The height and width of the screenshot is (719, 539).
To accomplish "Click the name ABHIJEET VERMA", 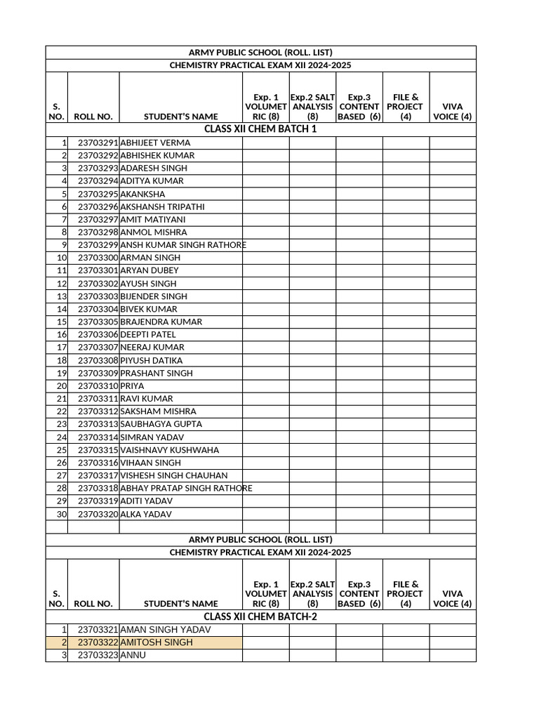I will (155, 143).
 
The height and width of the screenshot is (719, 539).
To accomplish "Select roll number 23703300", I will (98, 258).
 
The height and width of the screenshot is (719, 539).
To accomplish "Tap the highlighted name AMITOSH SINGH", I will (156, 642).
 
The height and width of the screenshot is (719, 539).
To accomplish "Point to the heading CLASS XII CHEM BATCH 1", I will (260, 129).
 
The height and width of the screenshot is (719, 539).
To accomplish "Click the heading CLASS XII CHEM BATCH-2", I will (260, 616).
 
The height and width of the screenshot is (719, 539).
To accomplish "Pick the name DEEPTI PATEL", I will (148, 334).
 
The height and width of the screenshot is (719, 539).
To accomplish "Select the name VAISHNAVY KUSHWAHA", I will (169, 449).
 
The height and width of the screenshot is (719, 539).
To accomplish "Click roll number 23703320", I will (98, 514).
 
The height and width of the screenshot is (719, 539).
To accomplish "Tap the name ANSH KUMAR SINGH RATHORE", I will (182, 245).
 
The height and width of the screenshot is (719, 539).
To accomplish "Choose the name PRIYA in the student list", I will (132, 385).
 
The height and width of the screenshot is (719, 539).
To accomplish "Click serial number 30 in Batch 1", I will (61, 514).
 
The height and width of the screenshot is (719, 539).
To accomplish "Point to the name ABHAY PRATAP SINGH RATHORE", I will (186, 488).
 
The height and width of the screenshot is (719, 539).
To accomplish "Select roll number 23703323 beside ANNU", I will (98, 655).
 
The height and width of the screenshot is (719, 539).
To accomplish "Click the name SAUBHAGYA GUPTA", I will (161, 424).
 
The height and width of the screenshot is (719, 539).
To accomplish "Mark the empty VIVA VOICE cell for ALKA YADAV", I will (452, 514).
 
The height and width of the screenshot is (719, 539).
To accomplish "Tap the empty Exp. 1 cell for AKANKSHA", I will (265, 194).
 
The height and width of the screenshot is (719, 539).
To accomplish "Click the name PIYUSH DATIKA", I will (152, 360).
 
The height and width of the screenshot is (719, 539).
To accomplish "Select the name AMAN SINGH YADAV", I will (165, 630).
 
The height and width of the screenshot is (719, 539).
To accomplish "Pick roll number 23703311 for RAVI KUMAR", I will (98, 399).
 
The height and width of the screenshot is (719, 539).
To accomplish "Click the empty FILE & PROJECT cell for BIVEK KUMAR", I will (405, 309).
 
